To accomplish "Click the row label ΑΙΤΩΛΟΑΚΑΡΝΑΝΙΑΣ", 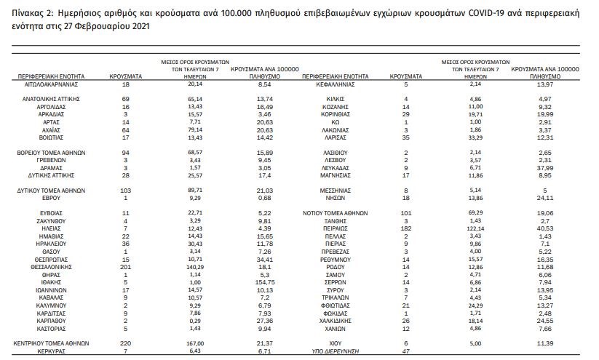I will pyautogui.click(x=50, y=84).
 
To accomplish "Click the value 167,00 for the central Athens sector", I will pyautogui.click(x=195, y=343).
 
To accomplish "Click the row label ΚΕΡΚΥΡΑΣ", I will pyautogui.click(x=50, y=351).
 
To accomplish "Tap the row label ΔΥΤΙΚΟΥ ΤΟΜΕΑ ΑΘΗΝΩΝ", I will pyautogui.click(x=50, y=189).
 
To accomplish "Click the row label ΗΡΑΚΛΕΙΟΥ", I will pyautogui.click(x=50, y=243).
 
